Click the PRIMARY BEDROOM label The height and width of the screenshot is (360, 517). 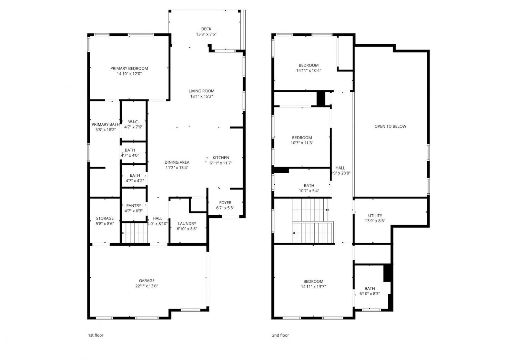129,69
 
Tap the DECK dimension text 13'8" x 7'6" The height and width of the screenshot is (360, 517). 206,34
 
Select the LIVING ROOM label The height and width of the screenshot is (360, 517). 201,91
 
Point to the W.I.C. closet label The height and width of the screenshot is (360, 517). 133,122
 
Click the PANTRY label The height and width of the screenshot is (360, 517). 134,206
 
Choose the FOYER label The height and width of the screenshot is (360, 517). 225,203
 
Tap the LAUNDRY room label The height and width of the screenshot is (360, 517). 187,224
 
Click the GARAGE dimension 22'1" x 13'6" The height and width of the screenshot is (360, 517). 146,286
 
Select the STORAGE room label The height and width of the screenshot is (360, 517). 105,218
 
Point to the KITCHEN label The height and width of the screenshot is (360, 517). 221,158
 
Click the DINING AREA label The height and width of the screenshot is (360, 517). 177,162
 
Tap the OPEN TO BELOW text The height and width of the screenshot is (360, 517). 390,126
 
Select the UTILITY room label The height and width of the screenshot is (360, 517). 375,216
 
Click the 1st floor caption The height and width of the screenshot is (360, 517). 95,335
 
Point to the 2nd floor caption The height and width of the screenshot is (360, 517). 281,335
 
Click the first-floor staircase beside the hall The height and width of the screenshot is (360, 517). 134,233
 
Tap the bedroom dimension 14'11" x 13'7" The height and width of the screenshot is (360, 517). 313,287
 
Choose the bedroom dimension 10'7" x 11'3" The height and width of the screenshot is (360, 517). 302,143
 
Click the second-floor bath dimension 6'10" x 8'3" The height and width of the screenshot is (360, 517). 369,294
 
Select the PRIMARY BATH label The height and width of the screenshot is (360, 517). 105,124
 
